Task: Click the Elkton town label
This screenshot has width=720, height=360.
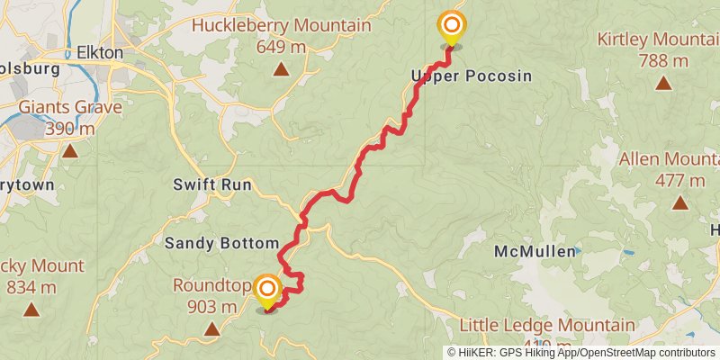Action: coord(100,52)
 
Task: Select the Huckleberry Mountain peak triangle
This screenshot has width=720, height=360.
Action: coord(281,68)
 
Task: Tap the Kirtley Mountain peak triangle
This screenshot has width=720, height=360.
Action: coord(663,84)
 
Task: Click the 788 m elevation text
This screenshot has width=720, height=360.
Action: coord(663,61)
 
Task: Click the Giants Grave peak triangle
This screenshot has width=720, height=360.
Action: coord(70,150)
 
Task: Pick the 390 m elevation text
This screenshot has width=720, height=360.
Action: coord(70,129)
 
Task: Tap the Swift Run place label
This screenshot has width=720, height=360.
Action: coord(213,184)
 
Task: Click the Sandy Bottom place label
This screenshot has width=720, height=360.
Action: coord(221,243)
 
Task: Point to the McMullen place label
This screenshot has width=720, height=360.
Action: coord(535,252)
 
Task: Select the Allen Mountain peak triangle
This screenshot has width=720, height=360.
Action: coord(680,202)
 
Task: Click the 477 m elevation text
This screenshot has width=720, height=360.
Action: coord(680,180)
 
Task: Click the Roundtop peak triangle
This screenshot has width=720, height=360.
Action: coord(211,329)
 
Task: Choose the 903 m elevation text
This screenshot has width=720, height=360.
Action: coord(211,307)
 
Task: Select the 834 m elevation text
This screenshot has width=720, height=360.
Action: coord(31,287)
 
